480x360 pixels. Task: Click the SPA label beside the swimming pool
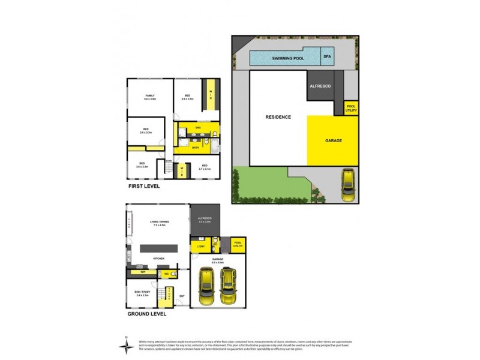click(328, 57)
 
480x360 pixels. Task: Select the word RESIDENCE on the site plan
click(278, 117)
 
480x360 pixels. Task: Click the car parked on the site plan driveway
click(348, 187)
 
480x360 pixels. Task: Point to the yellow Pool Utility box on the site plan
click(351, 109)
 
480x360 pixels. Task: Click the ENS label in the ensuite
click(197, 128)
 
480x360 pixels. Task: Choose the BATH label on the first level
click(196, 147)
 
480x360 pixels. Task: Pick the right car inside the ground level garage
click(229, 286)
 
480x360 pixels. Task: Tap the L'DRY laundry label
click(199, 246)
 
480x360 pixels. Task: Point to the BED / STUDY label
click(143, 294)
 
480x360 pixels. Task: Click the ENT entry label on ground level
click(182, 295)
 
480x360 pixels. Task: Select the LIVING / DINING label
click(158, 223)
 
